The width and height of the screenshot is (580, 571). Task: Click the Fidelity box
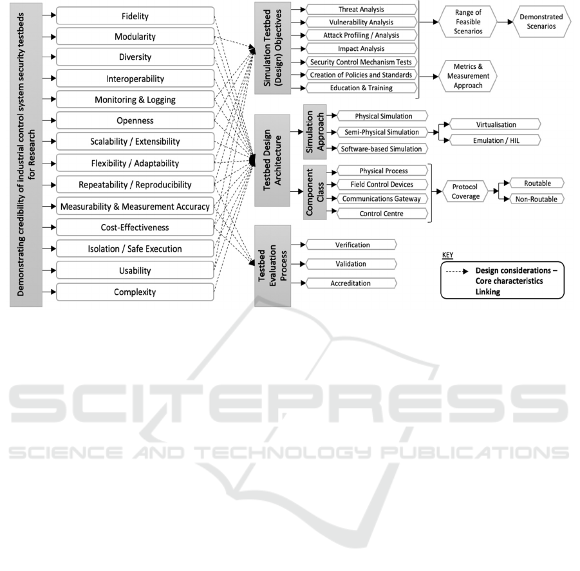(135, 16)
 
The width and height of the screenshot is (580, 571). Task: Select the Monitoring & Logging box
(135, 100)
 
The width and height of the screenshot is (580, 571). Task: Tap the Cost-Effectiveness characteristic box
(135, 227)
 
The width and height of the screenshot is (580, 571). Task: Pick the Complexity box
(135, 292)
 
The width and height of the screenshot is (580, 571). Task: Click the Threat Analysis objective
(361, 9)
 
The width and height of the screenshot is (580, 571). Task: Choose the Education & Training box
(361, 88)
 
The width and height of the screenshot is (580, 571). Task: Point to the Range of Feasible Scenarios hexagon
(468, 22)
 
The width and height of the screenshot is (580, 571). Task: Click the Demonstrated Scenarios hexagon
(541, 21)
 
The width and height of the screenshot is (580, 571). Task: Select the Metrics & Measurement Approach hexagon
(468, 76)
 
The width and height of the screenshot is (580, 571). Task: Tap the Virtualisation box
(496, 124)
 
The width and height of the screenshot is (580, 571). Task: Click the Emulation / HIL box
(496, 140)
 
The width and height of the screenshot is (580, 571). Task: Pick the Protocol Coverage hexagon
(465, 191)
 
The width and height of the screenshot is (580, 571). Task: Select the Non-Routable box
(537, 199)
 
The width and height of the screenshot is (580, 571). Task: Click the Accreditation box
(351, 283)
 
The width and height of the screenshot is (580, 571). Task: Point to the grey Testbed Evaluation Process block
(272, 266)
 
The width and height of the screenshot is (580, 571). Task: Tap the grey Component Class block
(315, 192)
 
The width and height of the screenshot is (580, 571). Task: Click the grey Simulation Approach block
(315, 132)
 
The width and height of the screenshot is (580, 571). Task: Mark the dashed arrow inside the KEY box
(457, 271)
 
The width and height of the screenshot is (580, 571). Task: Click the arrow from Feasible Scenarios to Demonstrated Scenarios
(505, 22)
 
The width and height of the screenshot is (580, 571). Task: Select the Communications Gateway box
(381, 198)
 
